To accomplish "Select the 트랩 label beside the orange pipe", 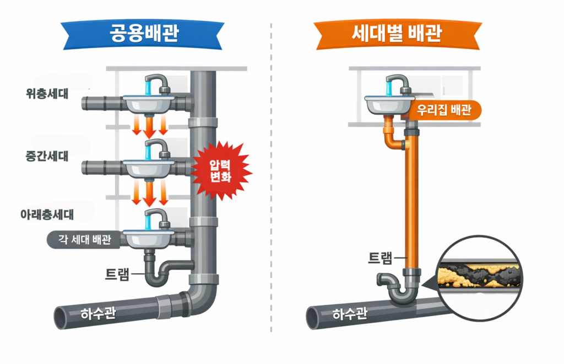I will click(x=382, y=257).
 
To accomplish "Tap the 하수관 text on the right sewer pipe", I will click(x=349, y=315).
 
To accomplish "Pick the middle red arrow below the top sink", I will click(x=149, y=127).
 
